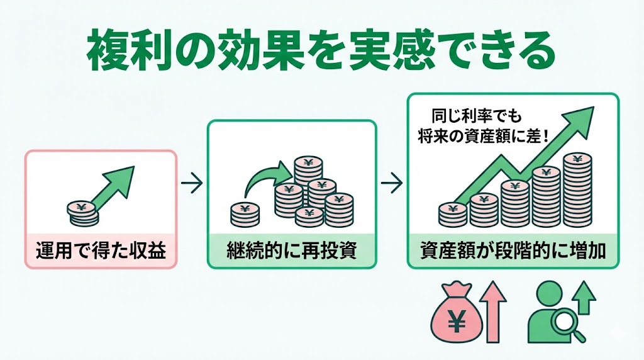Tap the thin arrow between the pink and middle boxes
(x=191, y=184)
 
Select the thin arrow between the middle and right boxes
(x=391, y=184)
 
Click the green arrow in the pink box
(x=113, y=186)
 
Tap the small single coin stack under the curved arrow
(x=245, y=215)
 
